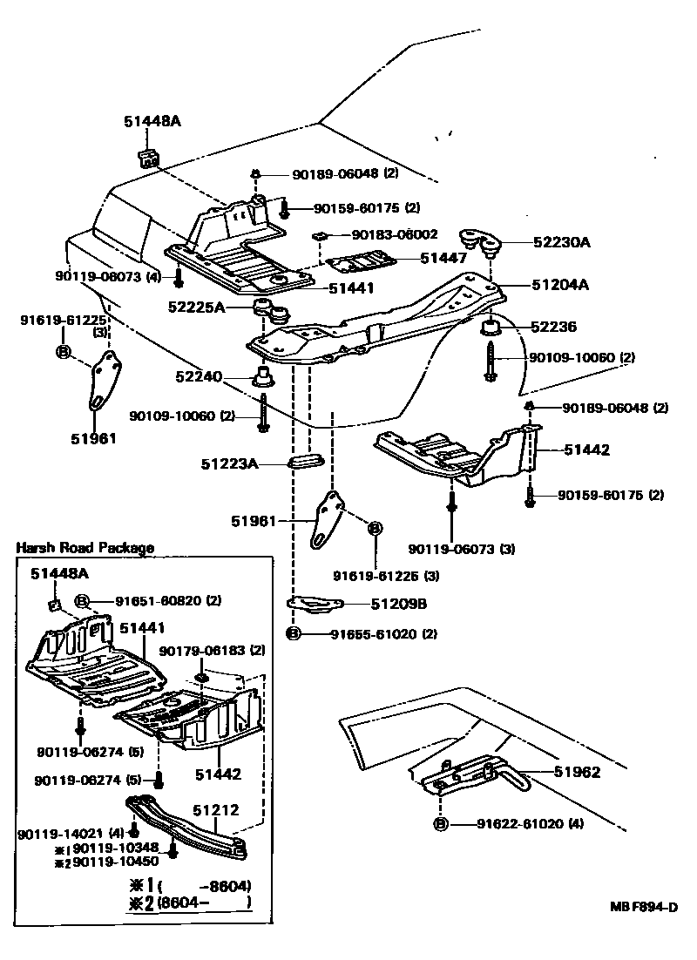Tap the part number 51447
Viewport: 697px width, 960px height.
(443, 258)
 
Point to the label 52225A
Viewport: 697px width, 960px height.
(196, 307)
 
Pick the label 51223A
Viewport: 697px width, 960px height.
(230, 464)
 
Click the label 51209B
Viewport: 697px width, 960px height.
(399, 603)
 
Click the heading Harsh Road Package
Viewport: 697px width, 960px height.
(85, 548)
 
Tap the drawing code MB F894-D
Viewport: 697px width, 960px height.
(644, 907)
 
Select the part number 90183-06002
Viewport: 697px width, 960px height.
(394, 234)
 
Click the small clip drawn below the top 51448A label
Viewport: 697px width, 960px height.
(148, 158)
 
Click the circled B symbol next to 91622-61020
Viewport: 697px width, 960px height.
(441, 824)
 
